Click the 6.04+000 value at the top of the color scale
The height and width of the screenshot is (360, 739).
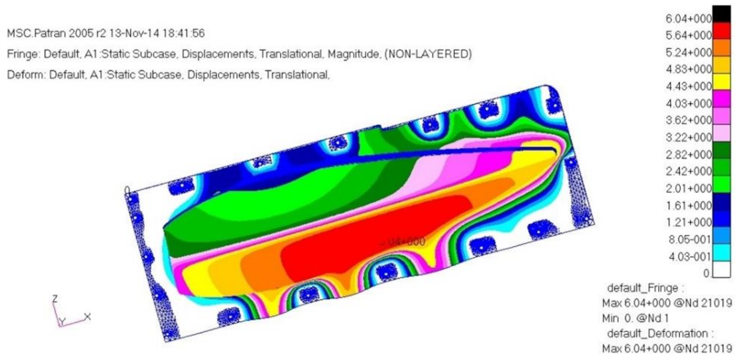point(688,19)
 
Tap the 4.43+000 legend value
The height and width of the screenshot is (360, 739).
point(688,86)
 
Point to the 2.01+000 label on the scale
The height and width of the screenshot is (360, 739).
point(688,189)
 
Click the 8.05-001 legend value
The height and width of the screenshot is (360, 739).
point(689,240)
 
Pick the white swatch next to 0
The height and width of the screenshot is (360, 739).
point(721,270)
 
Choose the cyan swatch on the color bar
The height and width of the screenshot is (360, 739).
point(721,253)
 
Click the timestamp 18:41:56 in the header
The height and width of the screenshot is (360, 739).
point(183,33)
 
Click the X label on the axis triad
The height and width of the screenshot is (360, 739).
point(88,317)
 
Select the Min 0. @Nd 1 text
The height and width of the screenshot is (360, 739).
point(635,318)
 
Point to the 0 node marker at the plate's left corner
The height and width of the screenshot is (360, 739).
point(127,190)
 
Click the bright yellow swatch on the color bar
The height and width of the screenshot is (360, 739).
point(721,82)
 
